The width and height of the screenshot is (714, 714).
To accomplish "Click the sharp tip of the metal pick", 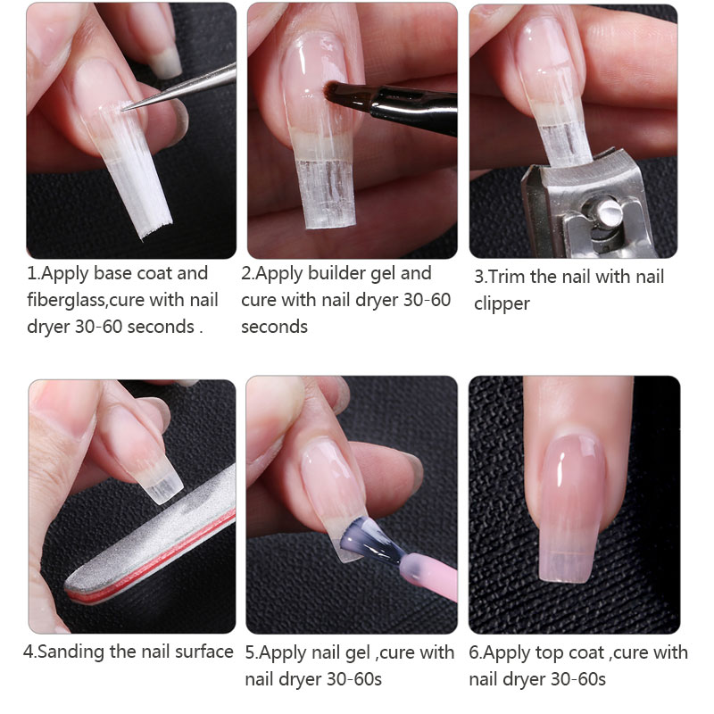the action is [x=122, y=110].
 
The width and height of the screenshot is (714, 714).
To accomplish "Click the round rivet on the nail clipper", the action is [x=606, y=211].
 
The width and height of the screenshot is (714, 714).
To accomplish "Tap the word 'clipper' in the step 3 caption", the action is [x=502, y=304].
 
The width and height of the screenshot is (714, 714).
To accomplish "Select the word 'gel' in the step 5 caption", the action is [x=356, y=653].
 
